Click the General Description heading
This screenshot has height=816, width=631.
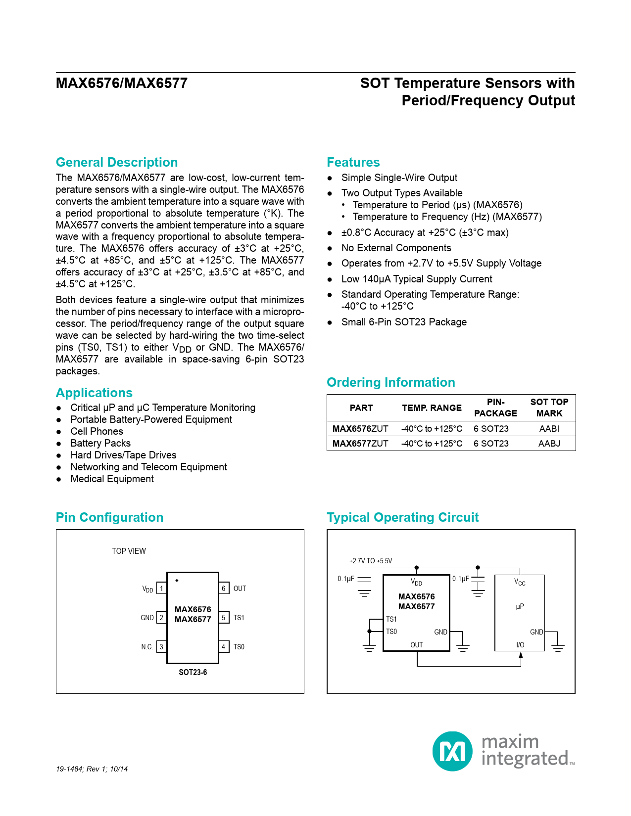pos(117,162)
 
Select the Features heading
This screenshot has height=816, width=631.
pos(353,162)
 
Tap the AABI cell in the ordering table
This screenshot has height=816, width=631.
pos(549,428)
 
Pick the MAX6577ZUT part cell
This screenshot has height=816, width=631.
pos(360,444)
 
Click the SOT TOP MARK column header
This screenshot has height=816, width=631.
pos(549,408)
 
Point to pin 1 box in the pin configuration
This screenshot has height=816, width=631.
pos(161,589)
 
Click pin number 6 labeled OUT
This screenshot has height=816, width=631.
pos(224,589)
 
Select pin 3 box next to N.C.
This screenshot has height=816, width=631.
pos(161,647)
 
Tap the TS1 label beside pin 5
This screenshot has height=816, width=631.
pos(239,618)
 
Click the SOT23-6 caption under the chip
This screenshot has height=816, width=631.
pos(193,673)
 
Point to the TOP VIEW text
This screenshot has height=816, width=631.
pos(129,551)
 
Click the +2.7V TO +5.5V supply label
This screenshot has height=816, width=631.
pos(371,561)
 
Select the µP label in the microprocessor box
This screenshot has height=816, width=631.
pos(520,606)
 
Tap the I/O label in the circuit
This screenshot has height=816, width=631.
pos(520,645)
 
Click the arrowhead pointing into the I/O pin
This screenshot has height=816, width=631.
pos(521,655)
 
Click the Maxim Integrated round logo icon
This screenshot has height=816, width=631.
pos(452,751)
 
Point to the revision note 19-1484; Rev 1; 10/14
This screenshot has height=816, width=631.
pos(92,769)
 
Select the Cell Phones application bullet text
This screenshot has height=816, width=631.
pos(97,431)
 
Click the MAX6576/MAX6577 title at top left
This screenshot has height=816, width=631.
pos(122,83)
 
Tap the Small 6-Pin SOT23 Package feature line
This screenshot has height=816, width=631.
pos(404,322)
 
